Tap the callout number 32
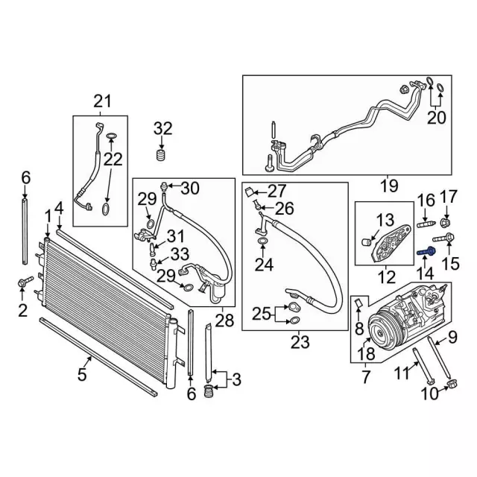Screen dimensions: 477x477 click(162, 128)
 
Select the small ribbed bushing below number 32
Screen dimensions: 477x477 click(158, 155)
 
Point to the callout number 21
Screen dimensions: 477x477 click(101, 101)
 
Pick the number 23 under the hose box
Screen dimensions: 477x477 click(299, 344)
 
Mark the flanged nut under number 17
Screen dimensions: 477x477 click(445, 221)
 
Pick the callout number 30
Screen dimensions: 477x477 click(190, 188)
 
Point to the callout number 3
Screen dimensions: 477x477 click(236, 381)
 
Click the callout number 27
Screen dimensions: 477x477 click(277, 190)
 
